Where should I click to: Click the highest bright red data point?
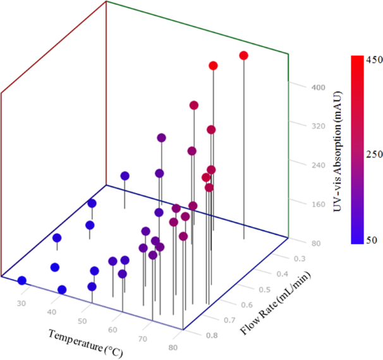(244, 56)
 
